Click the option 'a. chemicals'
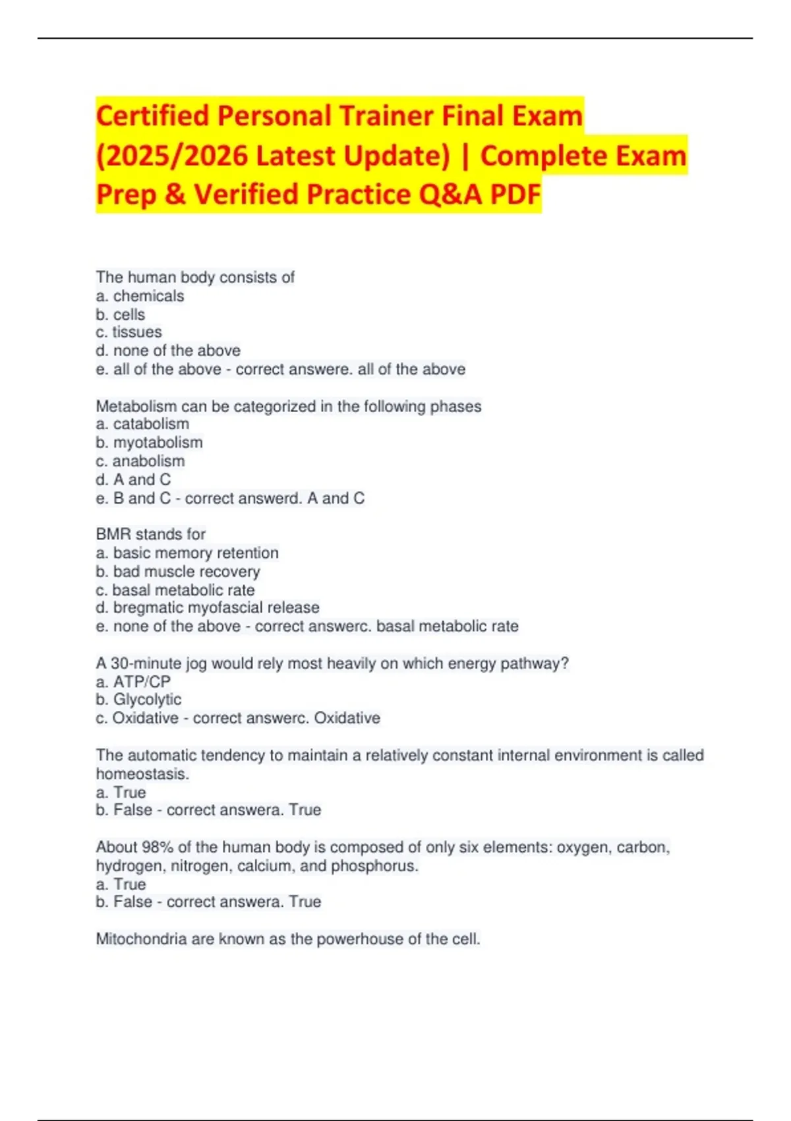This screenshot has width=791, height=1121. tap(140, 296)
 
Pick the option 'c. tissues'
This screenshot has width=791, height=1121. tap(129, 332)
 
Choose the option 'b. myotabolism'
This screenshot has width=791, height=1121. tap(149, 442)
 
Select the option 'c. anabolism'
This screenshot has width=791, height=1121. tap(140, 461)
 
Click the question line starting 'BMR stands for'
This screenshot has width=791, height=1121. tap(150, 534)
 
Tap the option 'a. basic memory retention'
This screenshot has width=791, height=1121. tap(187, 553)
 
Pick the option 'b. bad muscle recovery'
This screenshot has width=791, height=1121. tap(177, 571)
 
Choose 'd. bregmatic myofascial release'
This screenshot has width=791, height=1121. tap(207, 607)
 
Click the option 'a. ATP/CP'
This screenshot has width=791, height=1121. tap(133, 681)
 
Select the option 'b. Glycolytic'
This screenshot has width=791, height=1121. tap(138, 700)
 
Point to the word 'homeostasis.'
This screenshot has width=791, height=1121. tap(142, 773)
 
